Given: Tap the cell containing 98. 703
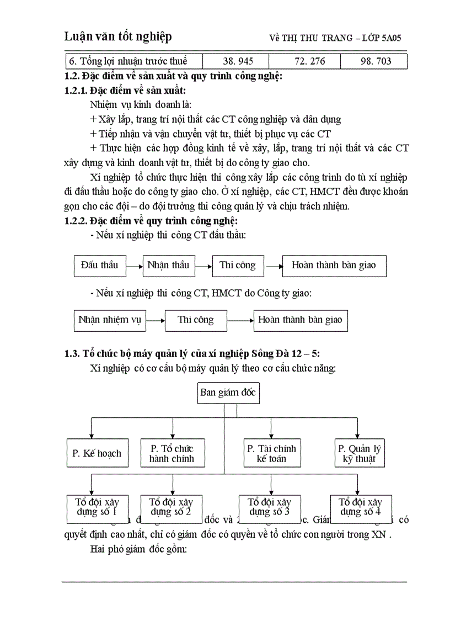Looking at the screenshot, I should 376,61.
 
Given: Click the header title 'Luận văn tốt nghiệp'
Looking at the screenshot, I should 118,36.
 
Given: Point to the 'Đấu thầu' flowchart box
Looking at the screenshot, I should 100,266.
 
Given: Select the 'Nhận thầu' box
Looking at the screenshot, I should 168,266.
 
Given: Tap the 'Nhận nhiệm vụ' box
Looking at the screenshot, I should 110,320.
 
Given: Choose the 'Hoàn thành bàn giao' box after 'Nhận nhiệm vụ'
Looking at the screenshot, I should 301,320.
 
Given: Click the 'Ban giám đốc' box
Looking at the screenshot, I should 228,394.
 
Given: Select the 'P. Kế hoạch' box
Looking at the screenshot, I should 97,453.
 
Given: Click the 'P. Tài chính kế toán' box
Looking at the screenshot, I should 271,453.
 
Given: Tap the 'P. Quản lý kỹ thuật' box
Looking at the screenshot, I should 359,453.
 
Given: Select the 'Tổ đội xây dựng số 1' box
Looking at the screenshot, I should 97,507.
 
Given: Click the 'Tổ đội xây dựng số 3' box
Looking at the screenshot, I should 269,507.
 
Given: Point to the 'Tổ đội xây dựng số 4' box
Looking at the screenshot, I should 360,507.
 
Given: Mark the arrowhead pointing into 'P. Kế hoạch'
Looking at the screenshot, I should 91,436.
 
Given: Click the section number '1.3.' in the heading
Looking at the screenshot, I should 72,354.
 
